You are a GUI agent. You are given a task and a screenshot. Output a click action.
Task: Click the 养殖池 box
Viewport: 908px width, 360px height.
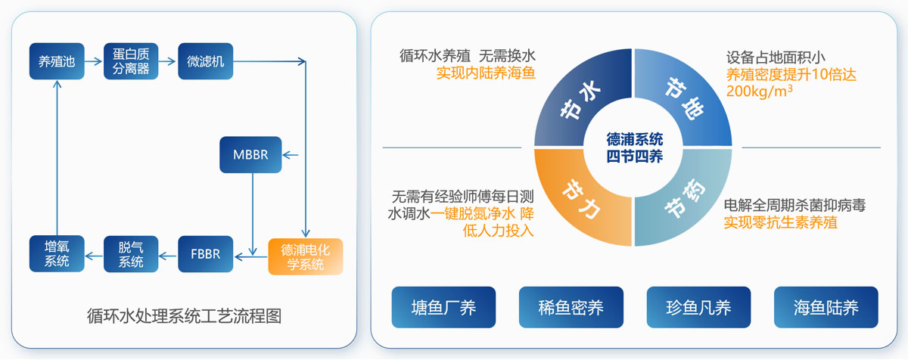coord(57,61)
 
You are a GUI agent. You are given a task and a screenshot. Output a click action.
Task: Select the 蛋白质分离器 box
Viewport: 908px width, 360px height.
coord(131,61)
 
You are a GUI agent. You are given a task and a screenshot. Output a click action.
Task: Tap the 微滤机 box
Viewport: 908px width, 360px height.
coord(206,61)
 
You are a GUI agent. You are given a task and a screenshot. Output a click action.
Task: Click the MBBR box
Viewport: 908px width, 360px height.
coord(250,155)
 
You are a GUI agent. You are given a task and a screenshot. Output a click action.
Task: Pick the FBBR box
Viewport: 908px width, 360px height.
coord(206,254)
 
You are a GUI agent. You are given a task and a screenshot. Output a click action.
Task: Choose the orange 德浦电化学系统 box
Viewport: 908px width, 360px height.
coord(306,256)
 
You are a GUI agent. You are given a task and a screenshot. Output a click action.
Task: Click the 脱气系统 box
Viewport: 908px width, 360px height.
coord(131,254)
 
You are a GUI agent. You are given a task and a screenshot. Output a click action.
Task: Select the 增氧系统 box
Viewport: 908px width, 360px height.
coord(57,253)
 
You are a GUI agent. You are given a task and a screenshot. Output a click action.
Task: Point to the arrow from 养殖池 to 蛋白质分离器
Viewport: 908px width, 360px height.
coord(94,61)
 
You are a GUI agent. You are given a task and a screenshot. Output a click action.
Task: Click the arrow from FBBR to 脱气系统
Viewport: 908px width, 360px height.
coord(167,256)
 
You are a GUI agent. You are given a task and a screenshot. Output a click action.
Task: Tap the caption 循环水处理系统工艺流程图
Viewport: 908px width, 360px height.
coord(184,316)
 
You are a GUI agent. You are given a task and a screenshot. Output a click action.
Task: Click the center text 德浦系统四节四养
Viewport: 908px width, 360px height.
coord(634,147)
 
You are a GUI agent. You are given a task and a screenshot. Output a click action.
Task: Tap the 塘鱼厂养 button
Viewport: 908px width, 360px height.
coord(443,307)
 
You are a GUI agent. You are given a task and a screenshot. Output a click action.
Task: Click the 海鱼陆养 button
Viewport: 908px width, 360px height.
coord(826,307)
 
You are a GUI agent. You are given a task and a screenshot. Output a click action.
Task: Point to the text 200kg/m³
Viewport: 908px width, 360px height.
coord(759,92)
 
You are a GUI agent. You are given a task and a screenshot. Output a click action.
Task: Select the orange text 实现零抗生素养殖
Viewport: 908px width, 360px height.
coord(781,222)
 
